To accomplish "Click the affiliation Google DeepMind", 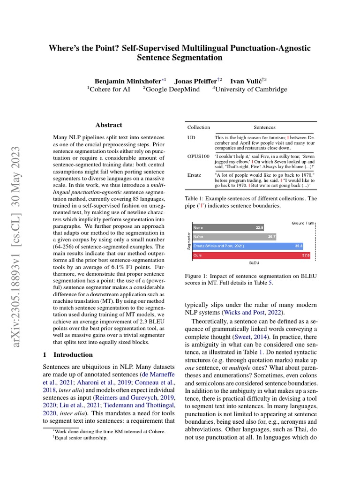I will pos(173,89).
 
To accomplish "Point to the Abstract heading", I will pos(108,125).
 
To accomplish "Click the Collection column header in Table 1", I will pos(199,127).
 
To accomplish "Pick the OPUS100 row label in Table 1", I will pos(198,154).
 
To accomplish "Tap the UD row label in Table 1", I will pos(191,136).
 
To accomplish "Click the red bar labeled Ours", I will pos(251,255).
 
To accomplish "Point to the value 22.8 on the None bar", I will pos(259,227).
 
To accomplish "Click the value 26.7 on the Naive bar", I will pos(271,237).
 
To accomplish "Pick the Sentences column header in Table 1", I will pos(264,127).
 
